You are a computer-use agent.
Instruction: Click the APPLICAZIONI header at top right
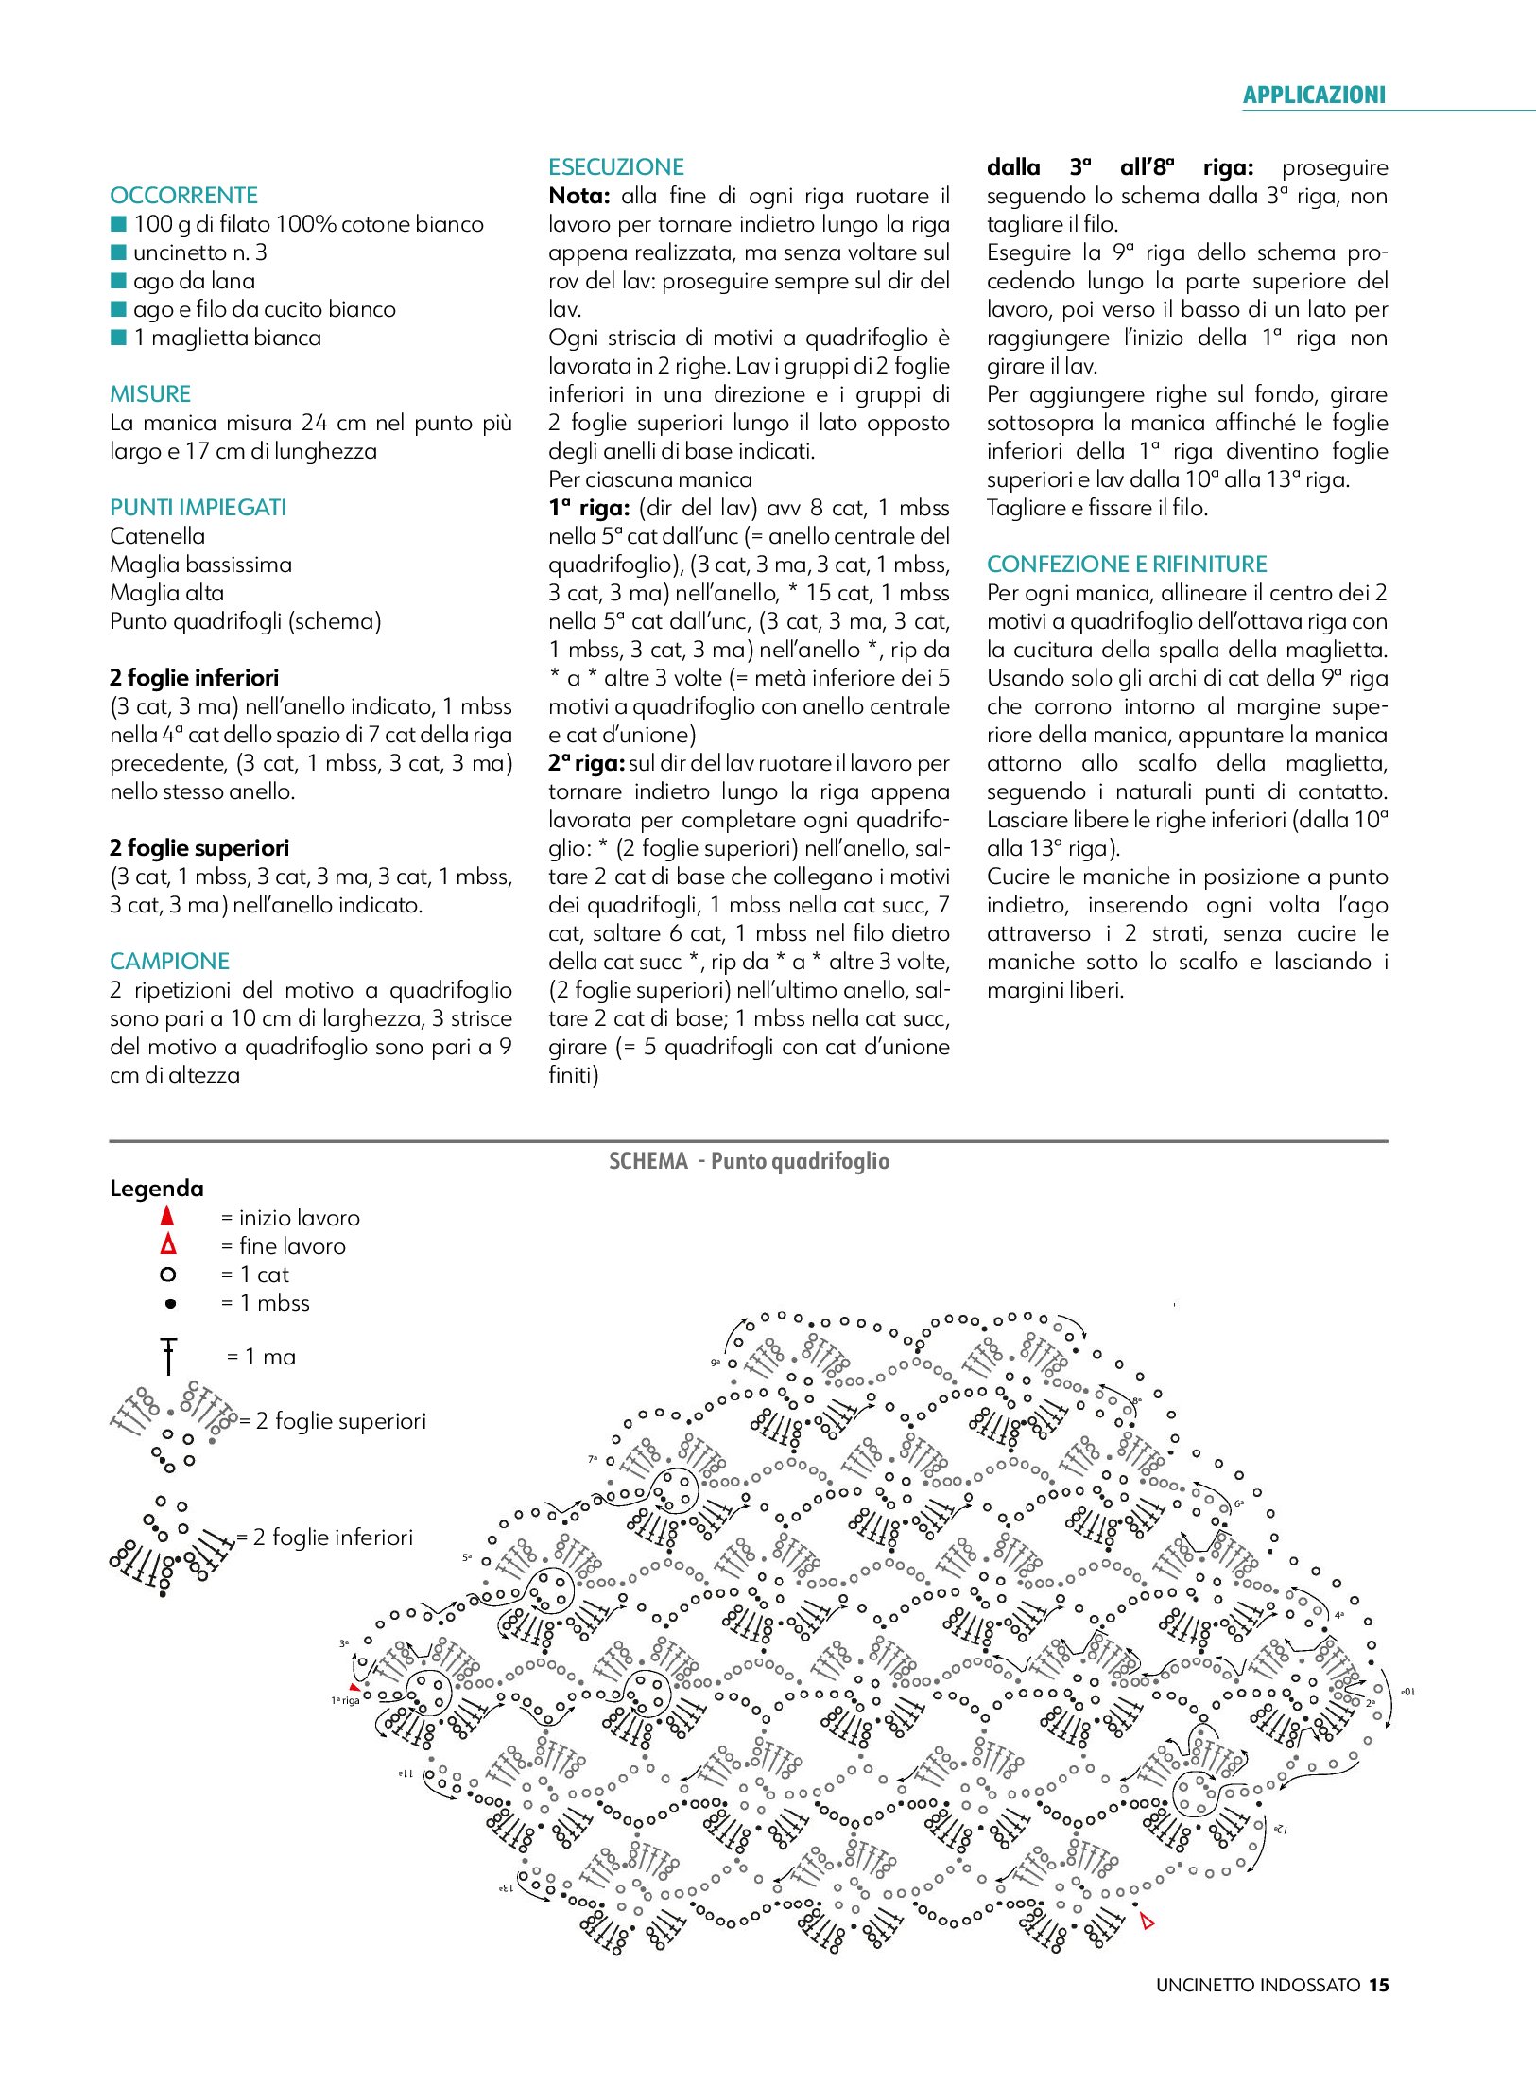(x=1313, y=95)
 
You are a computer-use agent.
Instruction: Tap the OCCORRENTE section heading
(x=183, y=196)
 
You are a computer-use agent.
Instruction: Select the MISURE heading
(x=150, y=394)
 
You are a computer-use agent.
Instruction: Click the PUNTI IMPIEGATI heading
(x=198, y=508)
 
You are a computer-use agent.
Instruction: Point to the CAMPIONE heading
(x=169, y=962)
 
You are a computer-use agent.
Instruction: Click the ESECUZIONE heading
(x=615, y=167)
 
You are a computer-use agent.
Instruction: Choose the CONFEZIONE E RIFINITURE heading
(x=1127, y=565)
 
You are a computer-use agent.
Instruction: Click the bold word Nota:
(x=579, y=196)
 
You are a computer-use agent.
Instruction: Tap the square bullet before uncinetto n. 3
(x=119, y=252)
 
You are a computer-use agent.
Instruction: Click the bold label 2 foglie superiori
(x=199, y=848)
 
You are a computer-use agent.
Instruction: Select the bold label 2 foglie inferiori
(x=194, y=678)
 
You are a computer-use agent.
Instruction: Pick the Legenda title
(x=157, y=1189)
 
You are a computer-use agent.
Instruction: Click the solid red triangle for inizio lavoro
(x=167, y=1216)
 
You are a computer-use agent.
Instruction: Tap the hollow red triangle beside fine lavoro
(x=168, y=1244)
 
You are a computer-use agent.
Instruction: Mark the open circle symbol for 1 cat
(x=168, y=1275)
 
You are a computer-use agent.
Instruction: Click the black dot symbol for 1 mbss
(x=170, y=1304)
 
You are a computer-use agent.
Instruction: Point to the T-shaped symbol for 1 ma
(x=168, y=1356)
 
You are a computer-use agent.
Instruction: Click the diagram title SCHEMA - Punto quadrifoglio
(x=749, y=1161)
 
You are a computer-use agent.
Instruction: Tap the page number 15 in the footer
(x=1379, y=1986)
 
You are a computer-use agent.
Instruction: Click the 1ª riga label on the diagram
(x=345, y=1700)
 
